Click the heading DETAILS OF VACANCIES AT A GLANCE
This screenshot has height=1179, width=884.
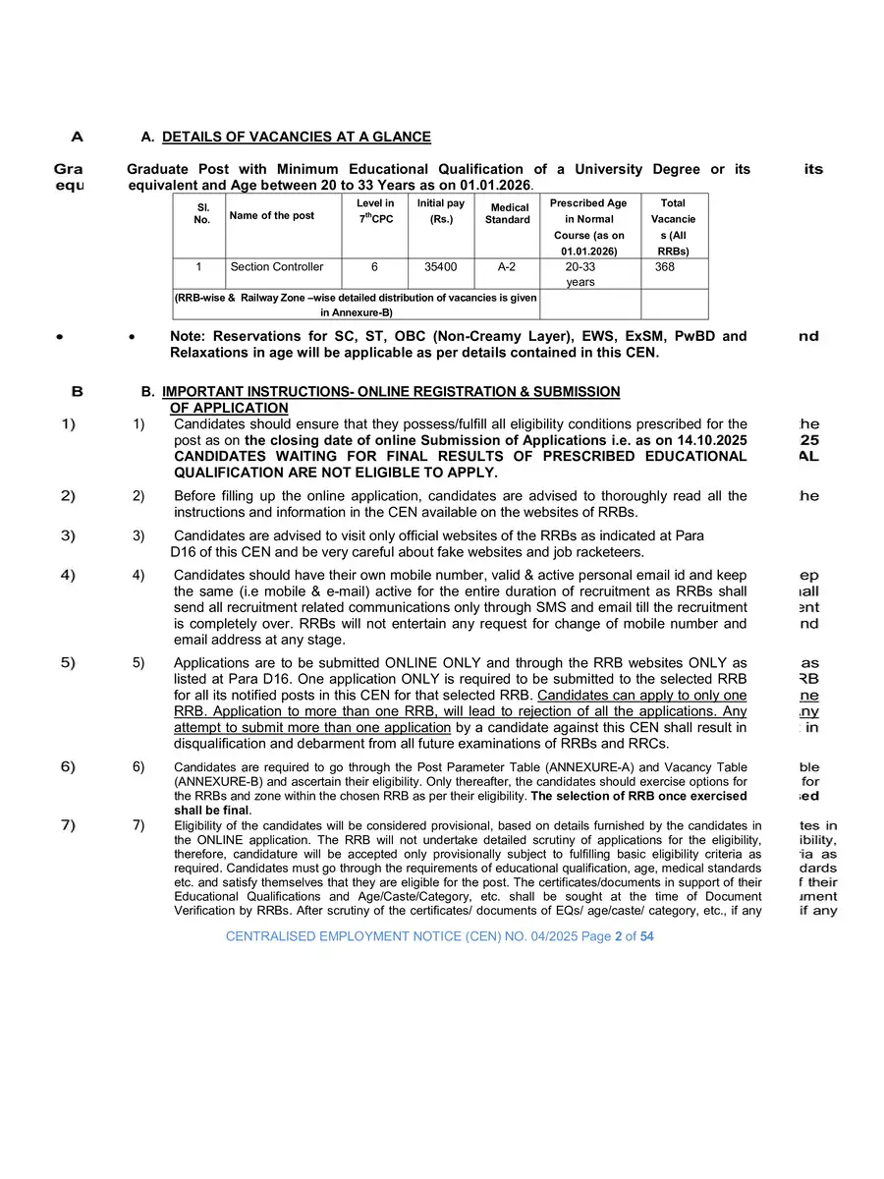tap(296, 137)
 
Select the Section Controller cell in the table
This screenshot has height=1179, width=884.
tap(276, 266)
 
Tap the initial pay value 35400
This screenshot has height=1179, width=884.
tap(440, 266)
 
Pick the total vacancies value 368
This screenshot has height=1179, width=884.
tap(665, 266)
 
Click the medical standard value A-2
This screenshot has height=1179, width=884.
tap(507, 266)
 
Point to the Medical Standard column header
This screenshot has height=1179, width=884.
tap(508, 213)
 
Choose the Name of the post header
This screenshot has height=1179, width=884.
tap(271, 215)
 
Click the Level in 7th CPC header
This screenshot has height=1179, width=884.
tap(375, 210)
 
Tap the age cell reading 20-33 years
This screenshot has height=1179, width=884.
tap(580, 273)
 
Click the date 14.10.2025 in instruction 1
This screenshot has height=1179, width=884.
tap(712, 440)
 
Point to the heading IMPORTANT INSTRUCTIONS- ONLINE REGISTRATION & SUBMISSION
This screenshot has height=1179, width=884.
tap(391, 391)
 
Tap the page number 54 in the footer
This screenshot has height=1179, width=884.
tap(646, 936)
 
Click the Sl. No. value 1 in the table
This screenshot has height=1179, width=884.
tap(198, 266)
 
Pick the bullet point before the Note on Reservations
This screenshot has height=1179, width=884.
tap(133, 337)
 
